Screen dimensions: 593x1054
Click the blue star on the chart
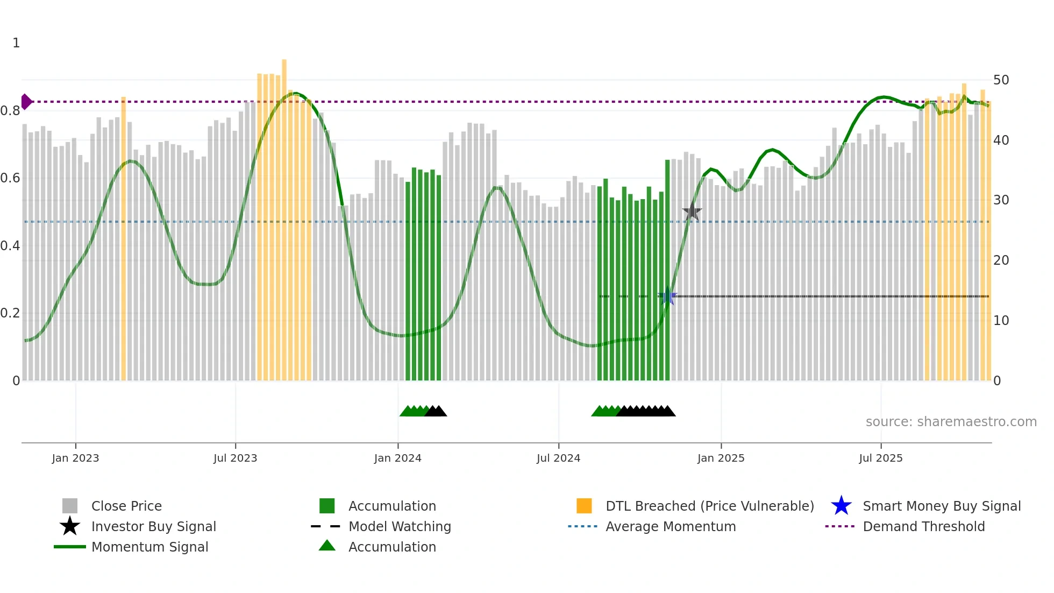pyautogui.click(x=667, y=296)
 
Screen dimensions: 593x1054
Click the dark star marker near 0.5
pyautogui.click(x=692, y=212)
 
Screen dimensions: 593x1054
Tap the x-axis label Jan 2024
pyautogui.click(x=397, y=458)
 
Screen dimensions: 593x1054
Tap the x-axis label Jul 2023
pyautogui.click(x=235, y=458)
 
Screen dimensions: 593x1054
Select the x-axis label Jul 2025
pyautogui.click(x=880, y=458)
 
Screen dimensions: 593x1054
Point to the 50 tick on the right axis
pyautogui.click(x=1001, y=80)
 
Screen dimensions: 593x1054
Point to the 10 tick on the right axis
pyautogui.click(x=1001, y=320)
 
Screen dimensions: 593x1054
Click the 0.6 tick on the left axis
pyautogui.click(x=10, y=178)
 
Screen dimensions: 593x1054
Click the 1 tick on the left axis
pyautogui.click(x=16, y=43)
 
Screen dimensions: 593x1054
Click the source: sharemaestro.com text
pyautogui.click(x=951, y=422)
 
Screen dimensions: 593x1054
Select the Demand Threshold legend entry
pyautogui.click(x=923, y=527)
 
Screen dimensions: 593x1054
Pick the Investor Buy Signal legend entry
pyautogui.click(x=153, y=527)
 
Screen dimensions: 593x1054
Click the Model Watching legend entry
pyautogui.click(x=399, y=527)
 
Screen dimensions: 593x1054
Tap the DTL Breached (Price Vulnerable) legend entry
pyautogui.click(x=709, y=506)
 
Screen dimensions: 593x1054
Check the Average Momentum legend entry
pyautogui.click(x=670, y=527)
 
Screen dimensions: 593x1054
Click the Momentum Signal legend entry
pyautogui.click(x=149, y=547)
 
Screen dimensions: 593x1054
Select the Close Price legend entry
pyautogui.click(x=126, y=506)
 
